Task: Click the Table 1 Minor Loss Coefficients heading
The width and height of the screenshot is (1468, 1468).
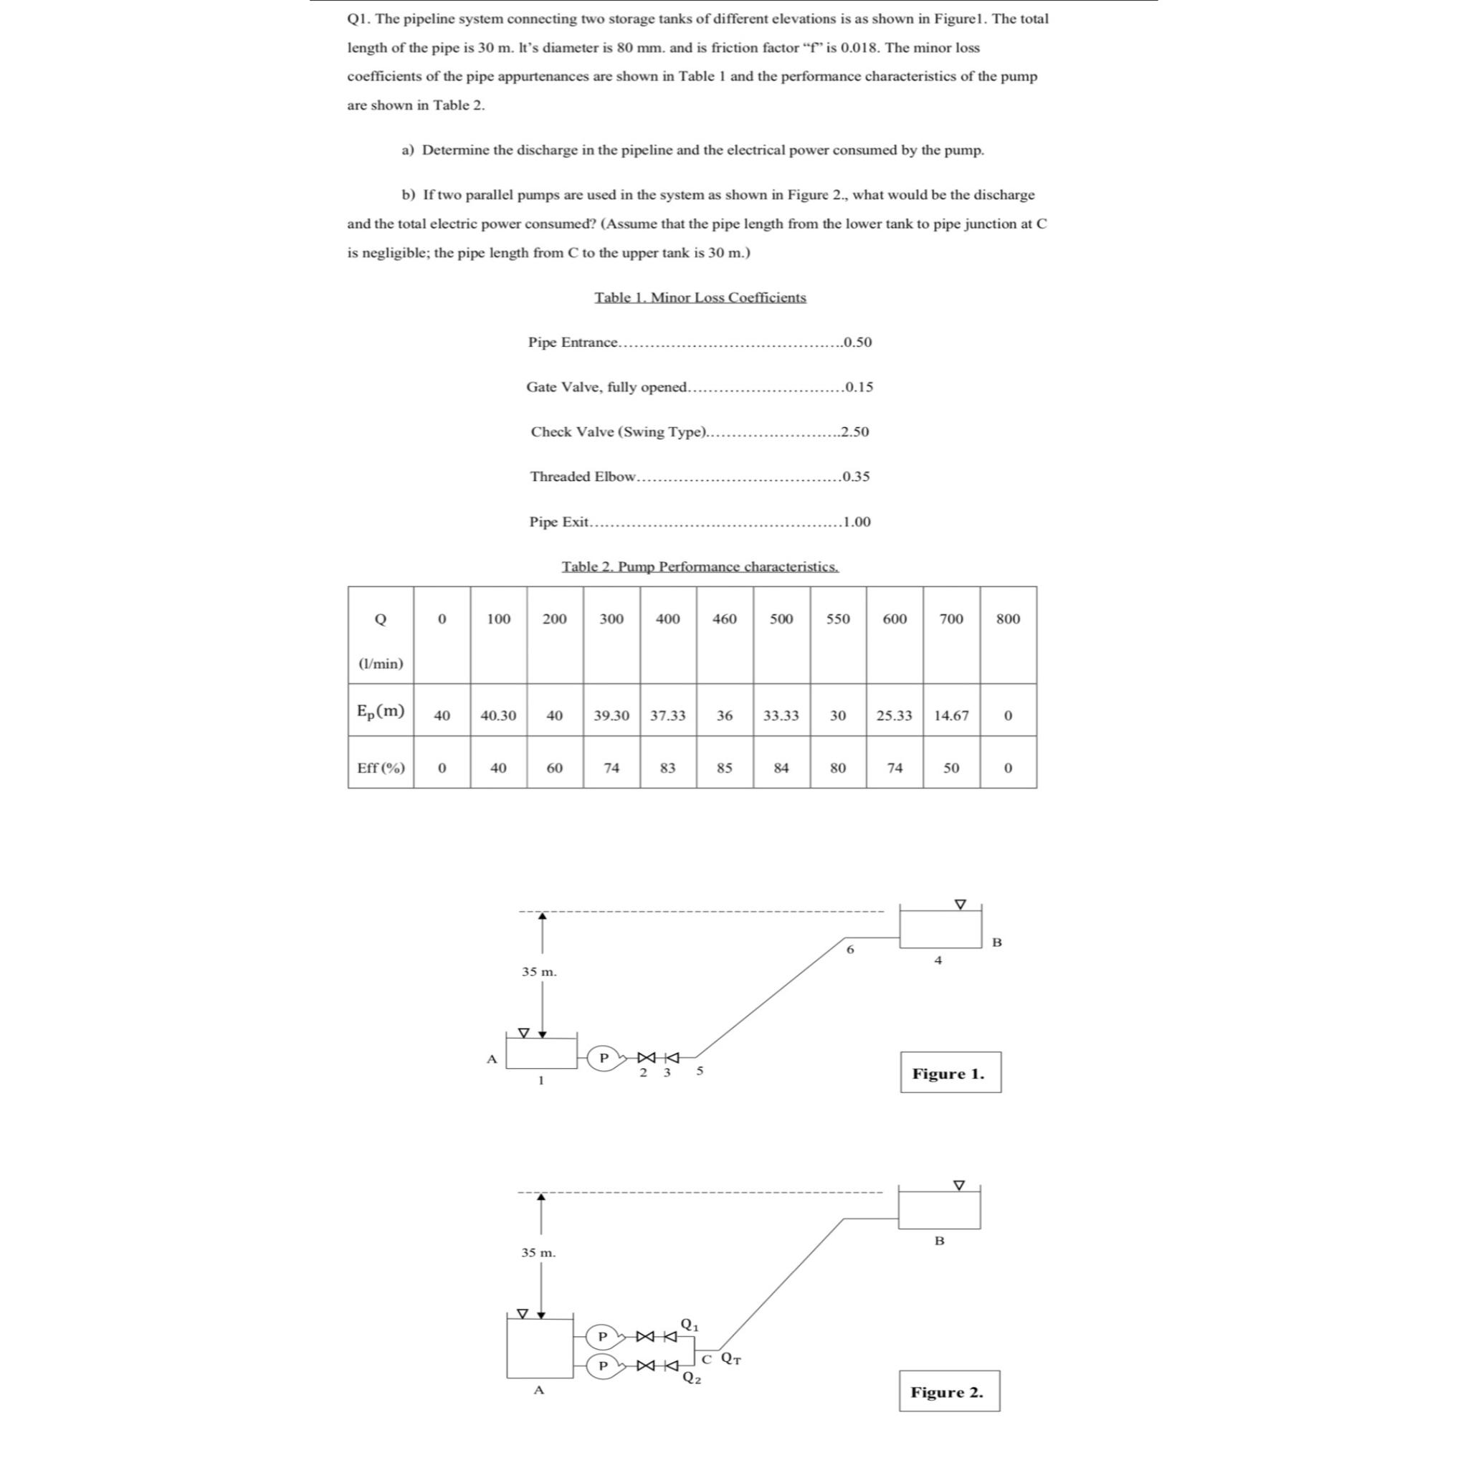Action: tap(700, 297)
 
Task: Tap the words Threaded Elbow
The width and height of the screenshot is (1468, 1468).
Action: tap(583, 477)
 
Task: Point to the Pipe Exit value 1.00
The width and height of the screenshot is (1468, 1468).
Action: tap(857, 522)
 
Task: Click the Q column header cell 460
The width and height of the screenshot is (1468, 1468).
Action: tap(724, 619)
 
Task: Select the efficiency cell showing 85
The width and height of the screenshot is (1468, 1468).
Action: tap(724, 768)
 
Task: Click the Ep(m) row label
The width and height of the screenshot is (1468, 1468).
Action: tap(381, 711)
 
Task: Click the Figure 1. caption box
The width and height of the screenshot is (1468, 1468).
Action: tap(950, 1073)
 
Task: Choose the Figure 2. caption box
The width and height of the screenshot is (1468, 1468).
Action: tap(948, 1392)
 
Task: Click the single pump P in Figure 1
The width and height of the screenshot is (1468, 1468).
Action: tap(605, 1057)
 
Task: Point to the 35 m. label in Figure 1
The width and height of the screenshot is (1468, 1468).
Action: tap(539, 972)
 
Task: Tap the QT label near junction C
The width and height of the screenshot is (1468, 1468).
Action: tap(731, 1358)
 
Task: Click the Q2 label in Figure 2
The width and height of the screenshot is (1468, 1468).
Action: tap(691, 1378)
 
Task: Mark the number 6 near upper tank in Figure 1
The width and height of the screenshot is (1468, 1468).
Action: tap(850, 949)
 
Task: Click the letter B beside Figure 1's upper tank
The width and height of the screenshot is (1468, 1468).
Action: tap(997, 942)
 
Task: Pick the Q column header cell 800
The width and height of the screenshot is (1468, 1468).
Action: tap(1008, 619)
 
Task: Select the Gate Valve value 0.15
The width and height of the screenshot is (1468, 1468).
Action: tap(859, 387)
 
